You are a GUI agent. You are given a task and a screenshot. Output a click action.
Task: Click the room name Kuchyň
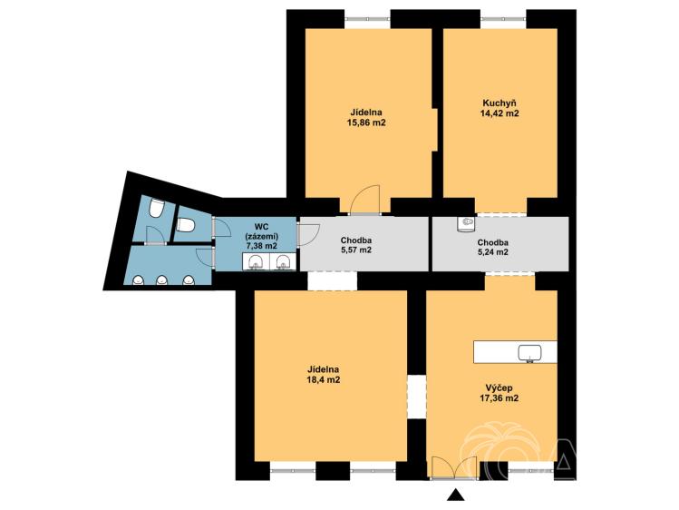click(500, 103)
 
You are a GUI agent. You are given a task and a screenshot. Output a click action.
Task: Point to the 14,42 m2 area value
click(500, 114)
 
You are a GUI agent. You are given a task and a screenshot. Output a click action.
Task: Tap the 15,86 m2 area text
click(366, 123)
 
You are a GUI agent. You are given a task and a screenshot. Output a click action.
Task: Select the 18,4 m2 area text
click(323, 380)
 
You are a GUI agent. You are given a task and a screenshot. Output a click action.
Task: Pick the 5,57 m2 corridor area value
click(356, 250)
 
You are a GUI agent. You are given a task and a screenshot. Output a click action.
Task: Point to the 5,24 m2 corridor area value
click(493, 252)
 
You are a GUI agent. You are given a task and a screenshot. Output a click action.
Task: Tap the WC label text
click(263, 227)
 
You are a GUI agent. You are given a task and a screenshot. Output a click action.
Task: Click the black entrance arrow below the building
click(455, 495)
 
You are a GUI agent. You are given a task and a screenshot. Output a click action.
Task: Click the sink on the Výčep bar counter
click(530, 353)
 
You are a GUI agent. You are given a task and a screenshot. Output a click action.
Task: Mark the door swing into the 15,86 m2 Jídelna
click(365, 200)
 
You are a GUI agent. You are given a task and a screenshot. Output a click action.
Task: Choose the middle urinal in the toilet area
click(162, 280)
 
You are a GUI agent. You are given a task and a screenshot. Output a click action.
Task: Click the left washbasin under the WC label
click(256, 262)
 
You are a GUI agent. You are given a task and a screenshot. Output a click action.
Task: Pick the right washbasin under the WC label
click(283, 262)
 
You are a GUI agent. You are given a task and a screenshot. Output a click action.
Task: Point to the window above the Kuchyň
click(504, 19)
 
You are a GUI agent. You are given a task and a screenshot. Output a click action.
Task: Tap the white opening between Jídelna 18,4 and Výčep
click(417, 397)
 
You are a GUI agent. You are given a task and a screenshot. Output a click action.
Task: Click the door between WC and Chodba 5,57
click(308, 234)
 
